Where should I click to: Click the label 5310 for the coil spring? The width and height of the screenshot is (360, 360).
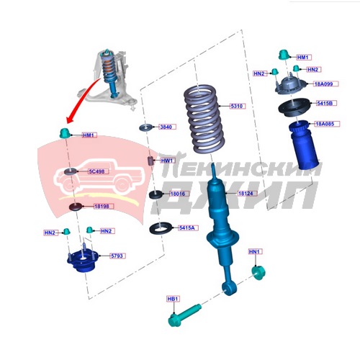point(238,106)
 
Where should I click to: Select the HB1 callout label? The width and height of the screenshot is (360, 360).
point(173,299)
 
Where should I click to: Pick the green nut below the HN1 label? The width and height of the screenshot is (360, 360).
point(258,273)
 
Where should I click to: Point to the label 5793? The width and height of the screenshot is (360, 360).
point(117,256)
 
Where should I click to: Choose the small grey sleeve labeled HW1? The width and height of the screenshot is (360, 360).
point(150,161)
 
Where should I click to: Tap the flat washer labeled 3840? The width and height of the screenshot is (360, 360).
point(145,127)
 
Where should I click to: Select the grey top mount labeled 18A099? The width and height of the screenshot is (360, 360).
point(291,86)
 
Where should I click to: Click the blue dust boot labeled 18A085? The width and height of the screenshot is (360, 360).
point(303,145)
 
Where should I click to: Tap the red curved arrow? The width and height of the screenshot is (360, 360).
point(81,99)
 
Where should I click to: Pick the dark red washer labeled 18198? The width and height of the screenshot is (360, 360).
point(76,207)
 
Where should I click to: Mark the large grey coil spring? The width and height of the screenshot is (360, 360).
point(204,120)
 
